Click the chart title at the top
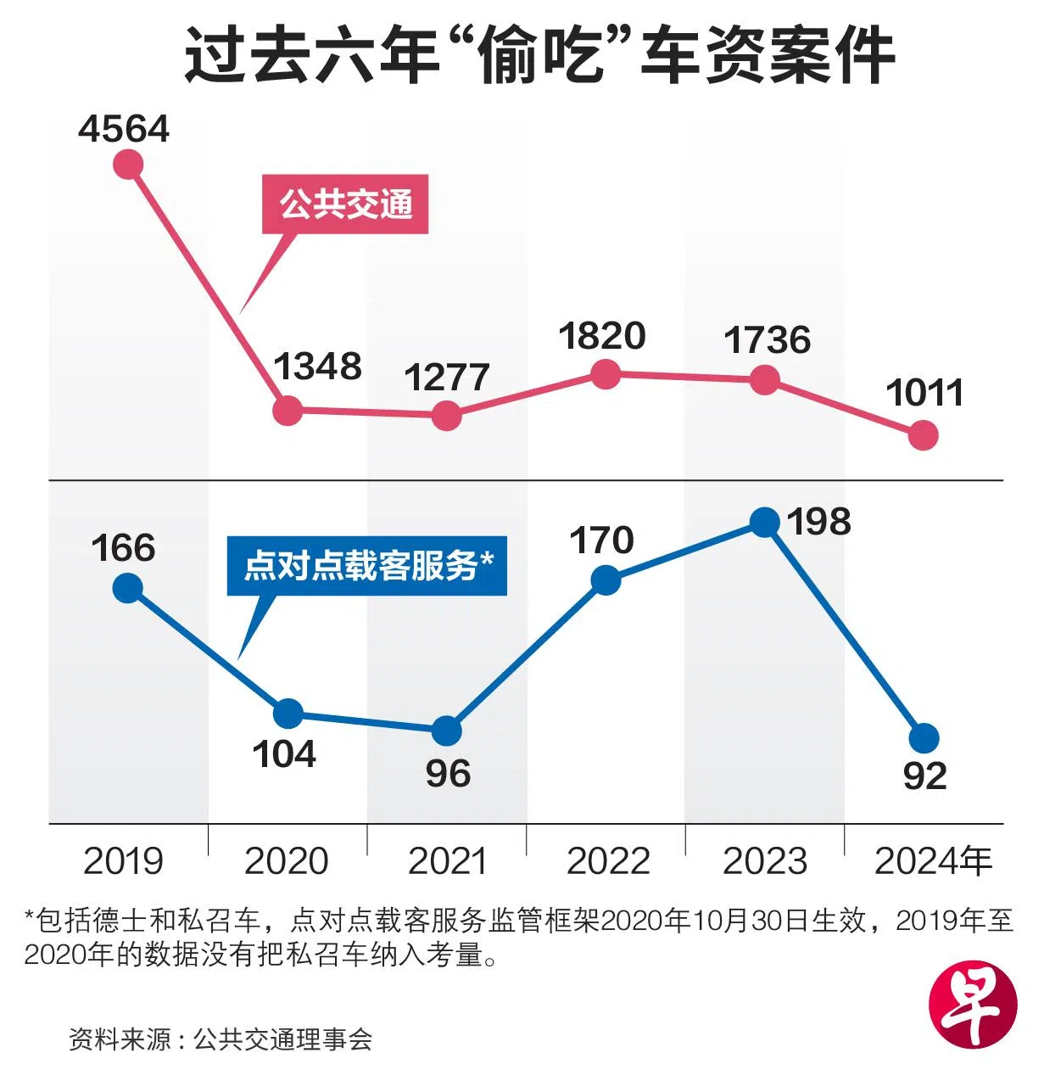(x=539, y=56)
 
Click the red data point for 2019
(x=128, y=164)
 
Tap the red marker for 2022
(x=606, y=373)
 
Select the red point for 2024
(x=924, y=435)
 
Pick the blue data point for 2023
(x=765, y=522)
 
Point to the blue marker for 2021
(x=447, y=730)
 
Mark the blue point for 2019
(x=128, y=587)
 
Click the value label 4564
(x=124, y=129)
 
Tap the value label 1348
(x=317, y=367)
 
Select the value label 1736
(x=767, y=340)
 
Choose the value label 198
(x=818, y=522)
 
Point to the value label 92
(x=924, y=776)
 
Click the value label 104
(x=284, y=754)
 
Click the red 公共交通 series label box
(x=345, y=204)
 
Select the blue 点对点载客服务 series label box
(x=367, y=565)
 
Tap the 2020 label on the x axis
(x=287, y=861)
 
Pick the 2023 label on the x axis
(x=765, y=861)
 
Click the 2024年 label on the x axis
(x=933, y=861)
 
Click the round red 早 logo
(x=972, y=1005)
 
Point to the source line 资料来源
(x=221, y=1039)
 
